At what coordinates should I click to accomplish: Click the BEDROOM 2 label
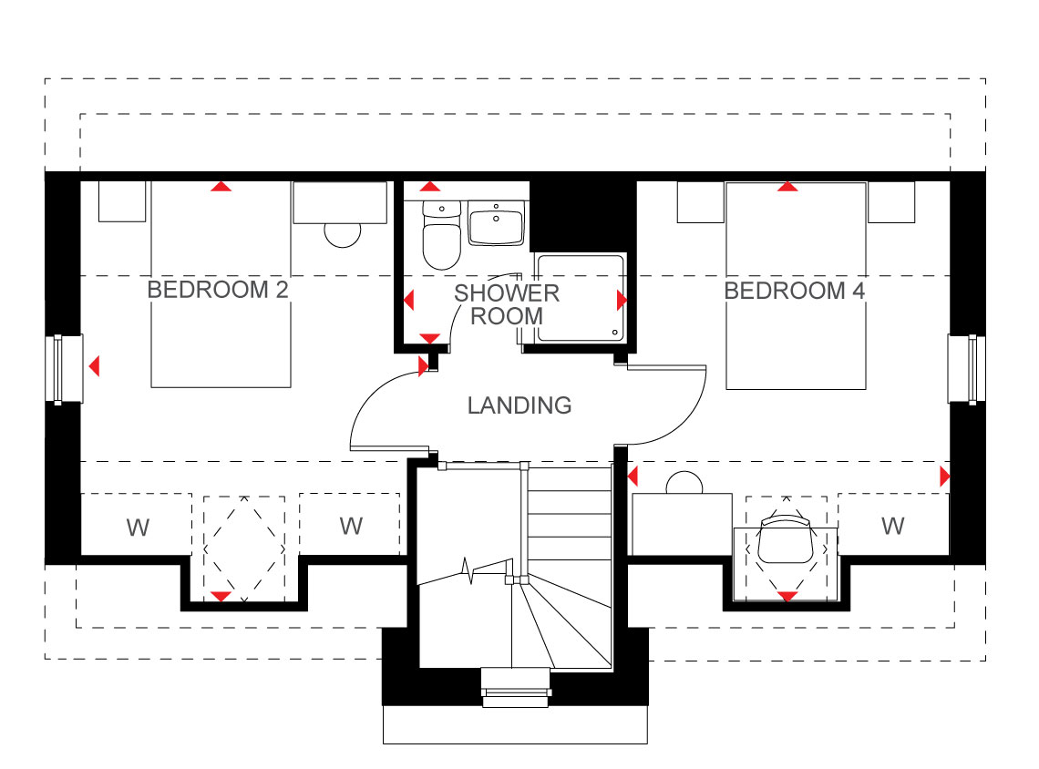(x=217, y=290)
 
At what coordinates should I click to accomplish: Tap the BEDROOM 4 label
(x=795, y=291)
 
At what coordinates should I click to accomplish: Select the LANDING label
(x=519, y=405)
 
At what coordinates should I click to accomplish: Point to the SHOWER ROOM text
(x=507, y=304)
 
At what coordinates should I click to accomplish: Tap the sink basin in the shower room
(x=497, y=223)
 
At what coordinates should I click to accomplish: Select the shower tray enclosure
(x=581, y=298)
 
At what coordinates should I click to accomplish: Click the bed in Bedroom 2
(x=221, y=285)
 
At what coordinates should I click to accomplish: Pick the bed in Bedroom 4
(x=796, y=286)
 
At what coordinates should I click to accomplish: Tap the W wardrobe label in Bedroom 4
(x=892, y=526)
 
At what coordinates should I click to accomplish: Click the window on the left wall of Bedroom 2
(x=65, y=369)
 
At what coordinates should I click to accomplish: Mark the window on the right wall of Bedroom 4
(x=966, y=369)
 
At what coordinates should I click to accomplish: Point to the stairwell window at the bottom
(x=516, y=688)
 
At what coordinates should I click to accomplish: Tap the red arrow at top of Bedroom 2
(x=221, y=187)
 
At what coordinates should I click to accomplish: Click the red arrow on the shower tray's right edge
(x=622, y=300)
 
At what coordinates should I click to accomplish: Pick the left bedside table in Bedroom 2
(x=122, y=201)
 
